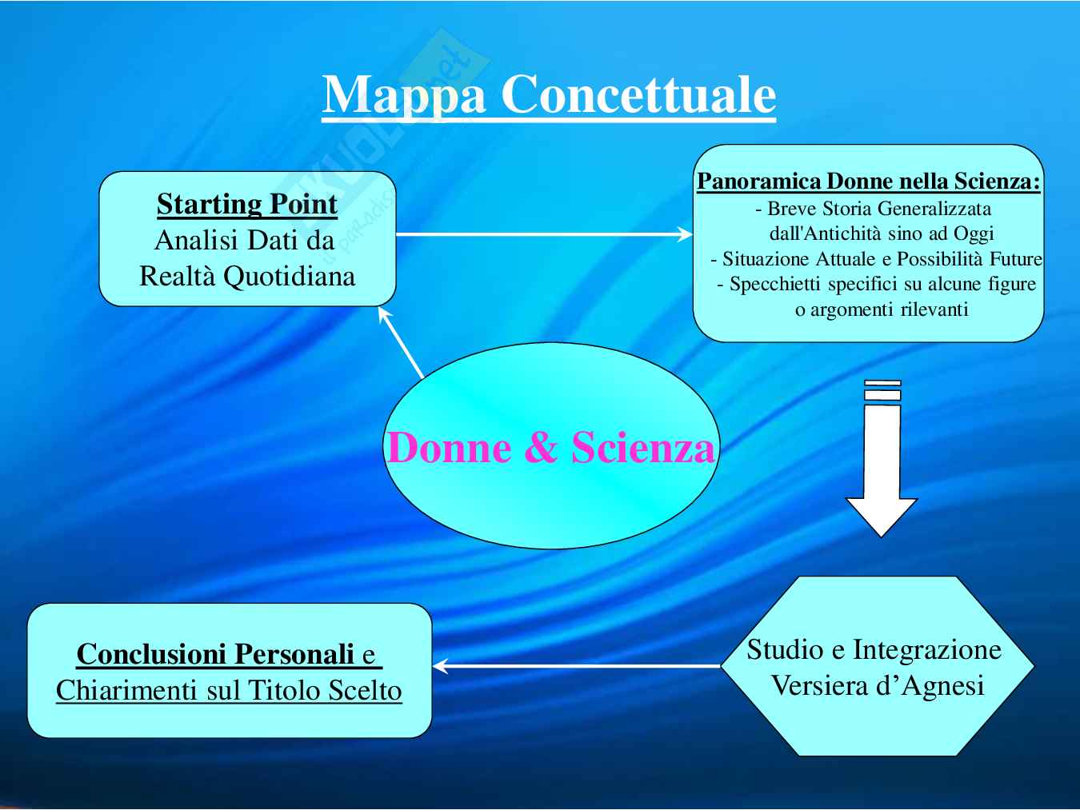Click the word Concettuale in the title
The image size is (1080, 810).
pos(638,95)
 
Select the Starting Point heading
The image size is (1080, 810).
pos(246,204)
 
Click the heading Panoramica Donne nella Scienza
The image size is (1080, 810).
pos(868,182)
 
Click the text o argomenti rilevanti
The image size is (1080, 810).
pos(881,309)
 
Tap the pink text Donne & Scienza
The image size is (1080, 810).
pos(550,447)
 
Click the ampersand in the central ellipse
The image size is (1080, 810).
pos(542,448)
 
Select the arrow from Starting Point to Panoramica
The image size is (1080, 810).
pos(544,234)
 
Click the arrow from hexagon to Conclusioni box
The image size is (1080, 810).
pos(576,665)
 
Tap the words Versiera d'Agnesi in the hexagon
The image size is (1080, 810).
pos(877,686)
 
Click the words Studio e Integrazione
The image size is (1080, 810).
pos(874,649)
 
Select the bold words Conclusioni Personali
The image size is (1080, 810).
pos(215,654)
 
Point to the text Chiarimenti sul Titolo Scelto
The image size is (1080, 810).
pos(229,690)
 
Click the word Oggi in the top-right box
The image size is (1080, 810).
pos(974,234)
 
